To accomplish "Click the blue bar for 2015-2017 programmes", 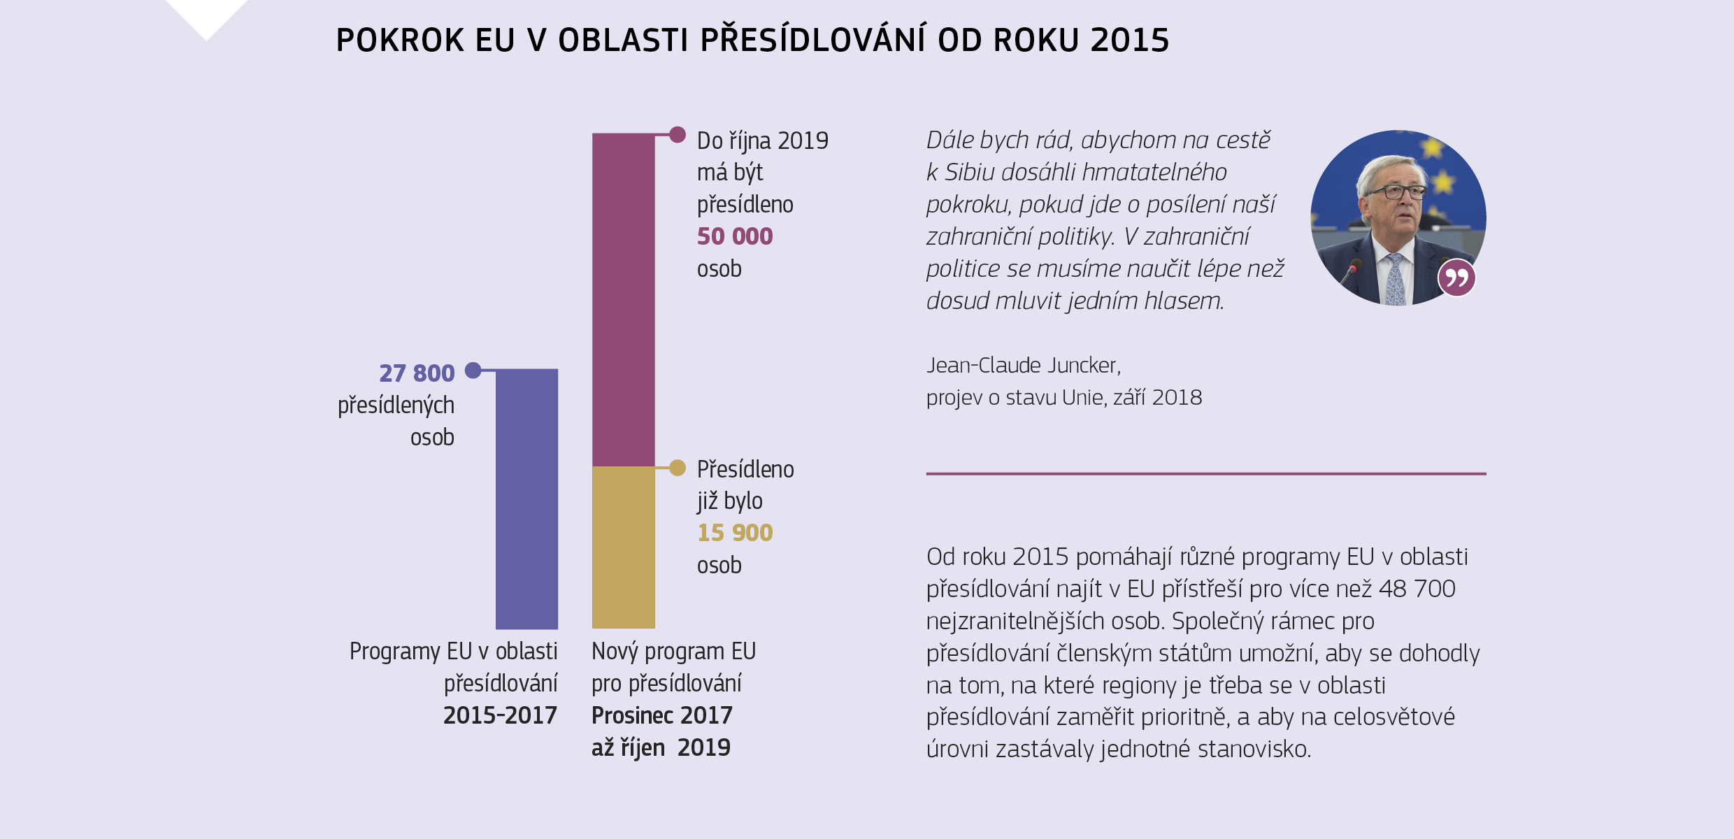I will [526, 499].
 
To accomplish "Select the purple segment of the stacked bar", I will [623, 299].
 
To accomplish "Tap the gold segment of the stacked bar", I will [623, 547].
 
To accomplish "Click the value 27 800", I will [417, 373].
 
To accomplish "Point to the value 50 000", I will [735, 236].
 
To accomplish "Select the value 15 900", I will [735, 533].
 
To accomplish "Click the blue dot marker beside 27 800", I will [473, 370].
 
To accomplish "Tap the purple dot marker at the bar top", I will [677, 134].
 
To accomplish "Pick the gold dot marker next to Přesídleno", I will [677, 468].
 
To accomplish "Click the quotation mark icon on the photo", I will [1456, 278].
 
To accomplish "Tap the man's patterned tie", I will [1396, 280].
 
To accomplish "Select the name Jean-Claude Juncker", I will [1023, 365].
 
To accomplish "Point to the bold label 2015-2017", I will [500, 715].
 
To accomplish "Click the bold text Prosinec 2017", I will [661, 715].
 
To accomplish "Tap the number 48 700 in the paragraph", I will [1417, 589].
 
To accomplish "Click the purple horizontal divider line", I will [1205, 473].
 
